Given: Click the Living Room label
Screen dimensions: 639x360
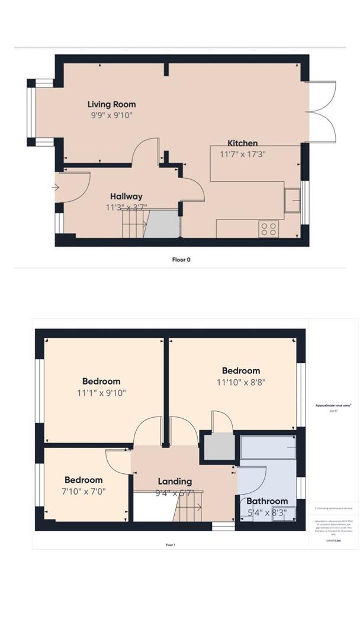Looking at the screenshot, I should (x=112, y=104).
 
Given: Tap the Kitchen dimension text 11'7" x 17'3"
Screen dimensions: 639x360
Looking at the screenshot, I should (x=243, y=153).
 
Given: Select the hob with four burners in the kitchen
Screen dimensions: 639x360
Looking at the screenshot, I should (x=269, y=228).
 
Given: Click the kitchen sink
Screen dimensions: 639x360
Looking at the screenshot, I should (x=292, y=201).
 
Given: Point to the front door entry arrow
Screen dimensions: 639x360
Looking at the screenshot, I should (x=56, y=188).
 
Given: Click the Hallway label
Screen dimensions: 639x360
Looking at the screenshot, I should (x=126, y=196).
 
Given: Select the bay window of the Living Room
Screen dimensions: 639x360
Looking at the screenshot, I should (x=32, y=112).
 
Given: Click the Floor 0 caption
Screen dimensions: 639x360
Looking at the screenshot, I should (x=181, y=259).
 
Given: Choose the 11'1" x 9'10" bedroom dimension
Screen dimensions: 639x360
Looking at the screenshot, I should (x=101, y=392).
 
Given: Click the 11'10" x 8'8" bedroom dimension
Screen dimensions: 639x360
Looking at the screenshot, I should (x=241, y=382).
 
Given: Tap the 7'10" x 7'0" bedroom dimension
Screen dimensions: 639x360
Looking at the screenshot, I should (x=83, y=491).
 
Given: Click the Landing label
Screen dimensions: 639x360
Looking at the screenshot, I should (x=175, y=481).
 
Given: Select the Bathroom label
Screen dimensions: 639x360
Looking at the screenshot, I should (x=267, y=501).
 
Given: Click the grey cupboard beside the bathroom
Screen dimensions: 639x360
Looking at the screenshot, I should (x=218, y=446).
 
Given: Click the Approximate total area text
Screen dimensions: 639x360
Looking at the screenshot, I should (x=334, y=406).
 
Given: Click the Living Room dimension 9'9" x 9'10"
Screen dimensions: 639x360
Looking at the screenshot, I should (x=108, y=115).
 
